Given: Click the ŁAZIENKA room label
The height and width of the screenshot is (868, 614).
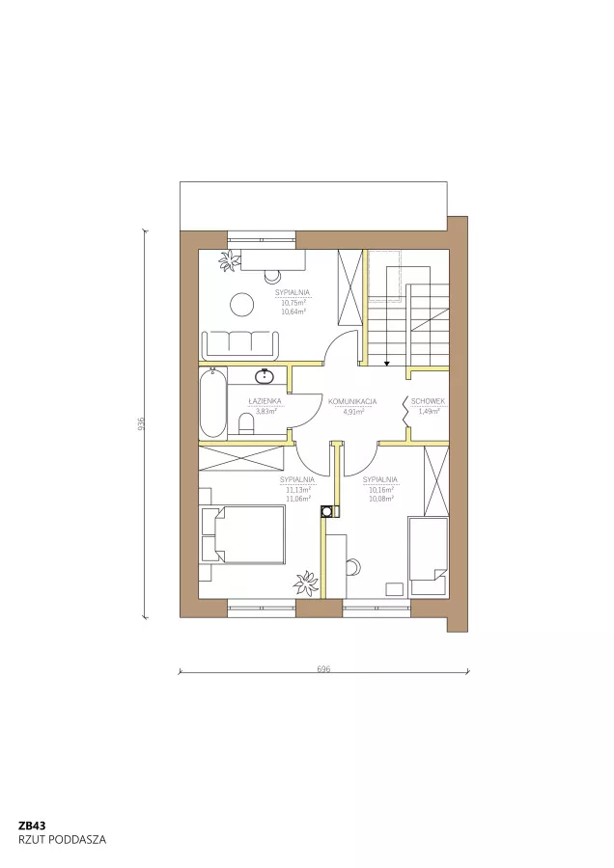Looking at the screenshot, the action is pos(265,401).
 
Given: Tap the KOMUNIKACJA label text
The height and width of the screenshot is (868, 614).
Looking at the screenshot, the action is pos(352,401).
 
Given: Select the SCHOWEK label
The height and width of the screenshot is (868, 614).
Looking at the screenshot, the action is pos(428,401).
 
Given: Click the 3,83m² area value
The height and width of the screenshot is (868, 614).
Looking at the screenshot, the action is pos(265,411).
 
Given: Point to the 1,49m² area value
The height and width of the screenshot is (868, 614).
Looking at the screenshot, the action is pos(429,411).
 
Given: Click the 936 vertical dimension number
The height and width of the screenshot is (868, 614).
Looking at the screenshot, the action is pos(142,423).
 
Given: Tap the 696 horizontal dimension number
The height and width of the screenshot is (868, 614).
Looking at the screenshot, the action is pos(323,668).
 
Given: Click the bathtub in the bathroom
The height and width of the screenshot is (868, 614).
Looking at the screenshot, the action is pos(213,403).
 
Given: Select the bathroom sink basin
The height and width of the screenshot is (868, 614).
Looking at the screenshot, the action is pos(265,376).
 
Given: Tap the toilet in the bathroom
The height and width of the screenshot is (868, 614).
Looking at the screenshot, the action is pos(246,424).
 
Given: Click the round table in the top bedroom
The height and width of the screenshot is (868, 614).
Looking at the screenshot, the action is pos(242,304).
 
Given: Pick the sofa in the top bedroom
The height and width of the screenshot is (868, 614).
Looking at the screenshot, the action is pos(241,343).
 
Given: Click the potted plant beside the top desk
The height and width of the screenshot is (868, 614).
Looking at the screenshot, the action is pos(228,260).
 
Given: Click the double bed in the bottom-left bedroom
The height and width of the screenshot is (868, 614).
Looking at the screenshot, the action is pos(243,534).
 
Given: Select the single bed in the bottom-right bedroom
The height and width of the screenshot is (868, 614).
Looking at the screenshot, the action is pos(428,556).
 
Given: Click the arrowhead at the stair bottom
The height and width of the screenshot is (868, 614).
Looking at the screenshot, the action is pos(386,364).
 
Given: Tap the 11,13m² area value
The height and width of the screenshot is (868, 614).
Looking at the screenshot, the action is pos(297,489).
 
